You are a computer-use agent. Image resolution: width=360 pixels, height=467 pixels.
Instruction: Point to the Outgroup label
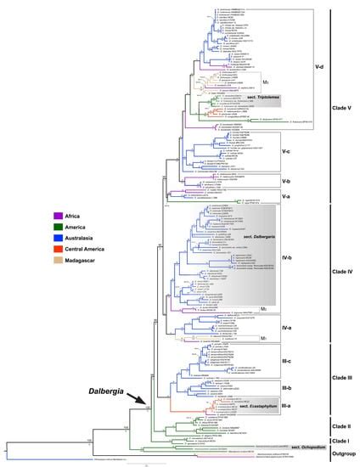click(x=341, y=451)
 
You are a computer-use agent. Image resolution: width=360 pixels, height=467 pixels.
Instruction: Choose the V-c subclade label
click(x=287, y=151)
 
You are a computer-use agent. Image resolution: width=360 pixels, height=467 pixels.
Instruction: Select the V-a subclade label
click(x=287, y=195)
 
